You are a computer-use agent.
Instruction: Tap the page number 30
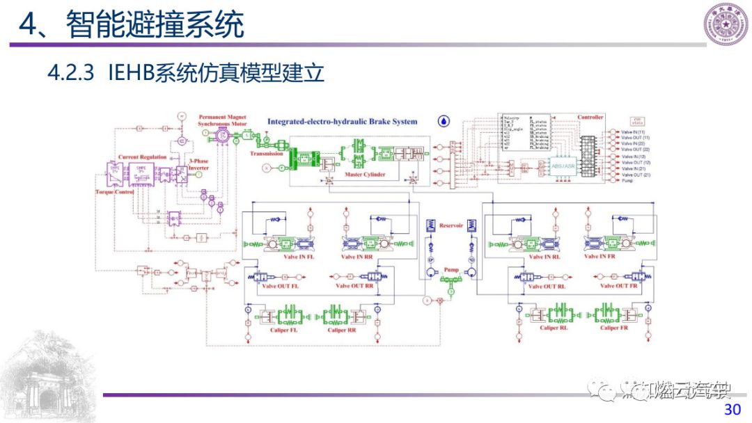tap(733, 409)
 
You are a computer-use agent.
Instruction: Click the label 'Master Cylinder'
tap(364, 175)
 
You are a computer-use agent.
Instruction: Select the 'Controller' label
tap(590, 118)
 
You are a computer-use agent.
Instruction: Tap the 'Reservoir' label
tap(451, 225)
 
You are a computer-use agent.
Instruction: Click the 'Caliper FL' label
tap(285, 330)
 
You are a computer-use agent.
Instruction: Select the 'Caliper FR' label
tap(616, 328)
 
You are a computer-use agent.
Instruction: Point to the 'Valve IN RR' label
tap(359, 257)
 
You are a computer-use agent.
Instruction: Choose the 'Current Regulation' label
tap(143, 158)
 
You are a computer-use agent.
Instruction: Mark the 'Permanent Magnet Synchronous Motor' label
tap(223, 120)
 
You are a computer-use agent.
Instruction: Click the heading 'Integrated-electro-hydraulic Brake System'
tap(343, 122)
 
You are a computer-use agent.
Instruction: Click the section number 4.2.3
tap(70, 74)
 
